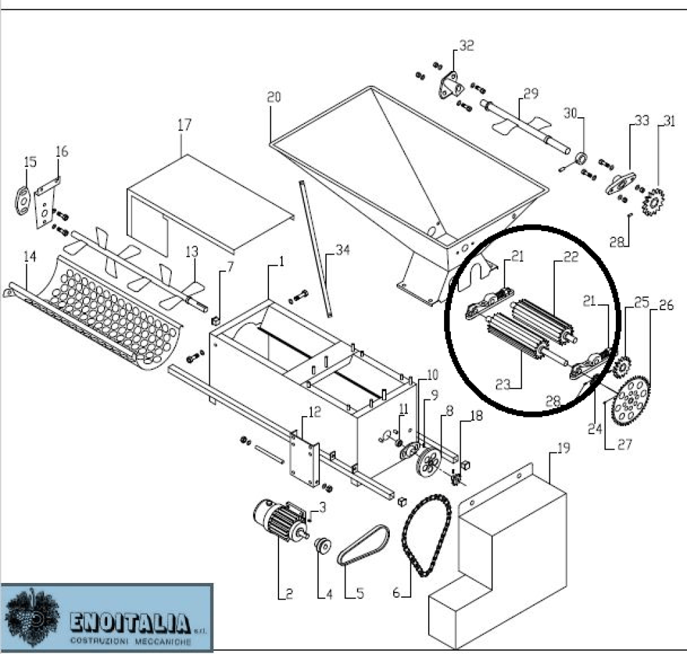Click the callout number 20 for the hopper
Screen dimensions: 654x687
click(x=274, y=96)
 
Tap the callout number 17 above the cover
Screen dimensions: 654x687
click(x=184, y=125)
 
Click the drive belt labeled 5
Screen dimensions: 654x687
click(x=363, y=544)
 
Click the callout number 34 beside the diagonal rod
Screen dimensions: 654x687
click(x=343, y=251)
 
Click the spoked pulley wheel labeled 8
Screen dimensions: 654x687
click(x=427, y=462)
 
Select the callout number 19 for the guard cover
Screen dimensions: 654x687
click(x=564, y=448)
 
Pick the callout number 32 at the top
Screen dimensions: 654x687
click(x=466, y=46)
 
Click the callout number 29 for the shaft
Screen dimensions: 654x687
click(x=531, y=93)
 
